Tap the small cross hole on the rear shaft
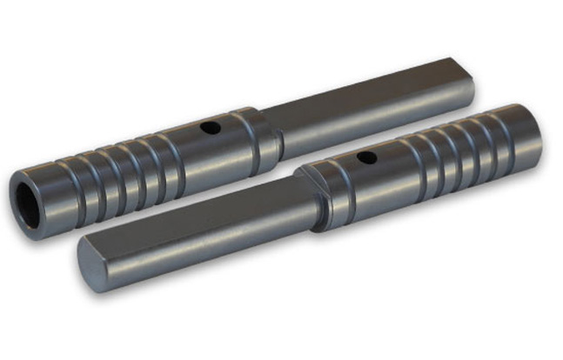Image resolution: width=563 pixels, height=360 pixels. [x=209, y=129]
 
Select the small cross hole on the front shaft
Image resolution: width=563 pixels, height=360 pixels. [x=367, y=158]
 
